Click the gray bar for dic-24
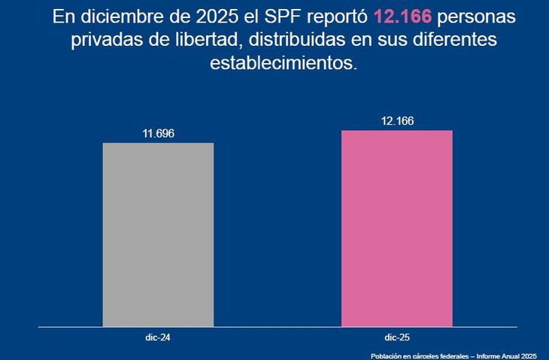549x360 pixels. click(x=158, y=234)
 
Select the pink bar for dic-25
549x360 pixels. click(x=397, y=228)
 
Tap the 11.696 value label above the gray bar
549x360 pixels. click(x=158, y=134)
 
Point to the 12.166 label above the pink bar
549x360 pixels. click(x=397, y=121)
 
